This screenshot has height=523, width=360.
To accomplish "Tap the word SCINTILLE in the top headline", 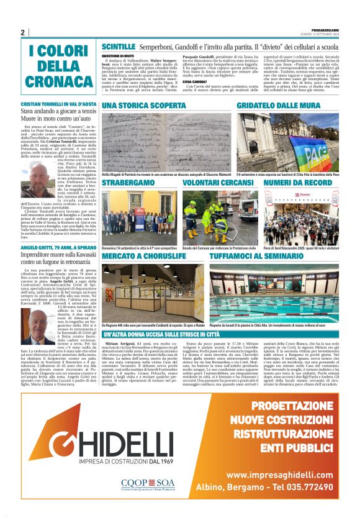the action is [x=118, y=47].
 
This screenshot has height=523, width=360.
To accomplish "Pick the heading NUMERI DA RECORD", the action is [x=289, y=184].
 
